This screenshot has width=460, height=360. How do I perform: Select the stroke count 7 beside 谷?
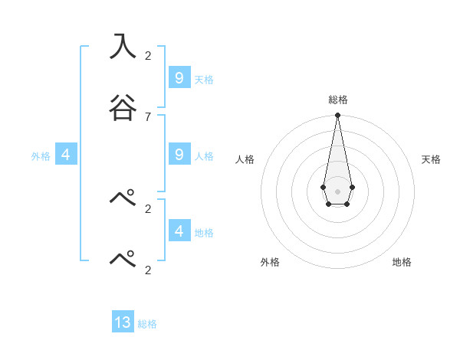[148, 116]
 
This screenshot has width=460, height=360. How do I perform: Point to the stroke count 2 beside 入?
[148, 56]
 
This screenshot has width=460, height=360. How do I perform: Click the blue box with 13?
[123, 322]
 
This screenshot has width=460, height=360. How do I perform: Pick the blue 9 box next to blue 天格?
[179, 77]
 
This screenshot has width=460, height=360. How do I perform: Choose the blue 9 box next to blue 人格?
[179, 155]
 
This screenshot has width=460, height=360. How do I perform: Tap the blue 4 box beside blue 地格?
[179, 231]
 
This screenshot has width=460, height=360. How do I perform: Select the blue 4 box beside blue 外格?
[65, 155]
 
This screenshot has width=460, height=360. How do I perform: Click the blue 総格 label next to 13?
[147, 324]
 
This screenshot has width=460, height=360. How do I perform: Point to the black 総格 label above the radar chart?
[337, 100]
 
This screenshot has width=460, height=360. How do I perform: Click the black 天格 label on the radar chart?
[432, 159]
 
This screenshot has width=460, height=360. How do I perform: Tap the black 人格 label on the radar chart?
[245, 159]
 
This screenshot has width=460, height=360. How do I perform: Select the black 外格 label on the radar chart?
[270, 262]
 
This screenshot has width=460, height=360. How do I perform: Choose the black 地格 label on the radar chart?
[402, 262]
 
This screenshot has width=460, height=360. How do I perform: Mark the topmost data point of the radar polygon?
[337, 116]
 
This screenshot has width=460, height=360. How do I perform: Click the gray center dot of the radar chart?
[337, 191]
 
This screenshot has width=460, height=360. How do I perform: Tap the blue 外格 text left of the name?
[41, 156]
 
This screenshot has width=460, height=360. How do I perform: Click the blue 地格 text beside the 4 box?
[204, 232]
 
